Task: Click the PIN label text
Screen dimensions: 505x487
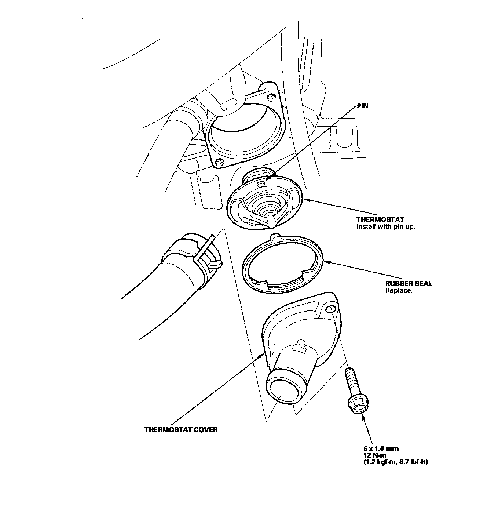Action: tap(362, 106)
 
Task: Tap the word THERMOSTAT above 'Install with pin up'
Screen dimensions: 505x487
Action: tap(380, 219)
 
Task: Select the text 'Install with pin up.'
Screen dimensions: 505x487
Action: tap(386, 226)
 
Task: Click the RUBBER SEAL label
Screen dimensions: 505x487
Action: tap(409, 283)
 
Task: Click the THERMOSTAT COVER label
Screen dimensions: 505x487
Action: tap(181, 429)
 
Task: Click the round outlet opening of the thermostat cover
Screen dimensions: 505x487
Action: tap(281, 393)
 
